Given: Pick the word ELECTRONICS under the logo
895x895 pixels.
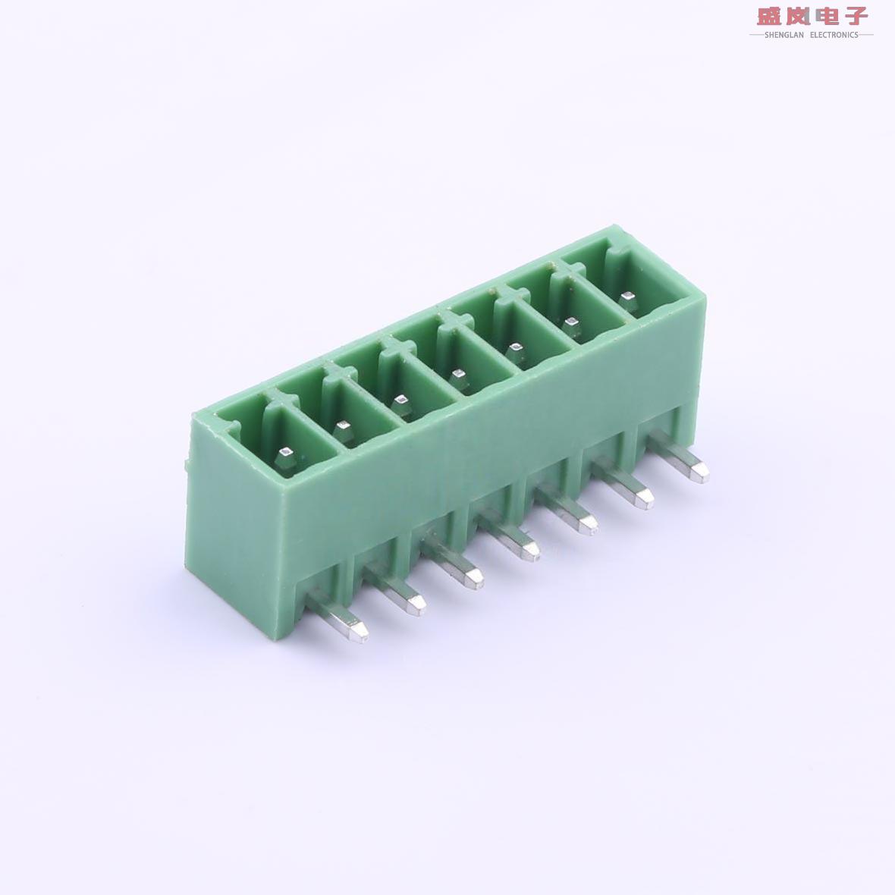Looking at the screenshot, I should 834,35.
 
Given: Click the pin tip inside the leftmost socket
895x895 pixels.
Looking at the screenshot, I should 286,456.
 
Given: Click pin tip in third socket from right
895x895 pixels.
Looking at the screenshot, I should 516,350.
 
